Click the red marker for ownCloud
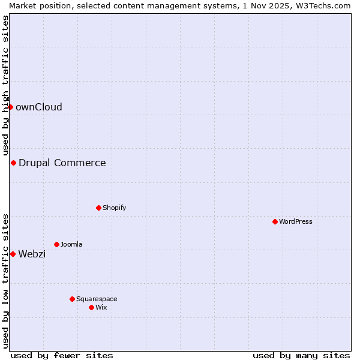pyautogui.click(x=10, y=107)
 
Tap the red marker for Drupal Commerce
pyautogui.click(x=13, y=163)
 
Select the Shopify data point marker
pyautogui.click(x=98, y=208)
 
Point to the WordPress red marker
pyautogui.click(x=275, y=221)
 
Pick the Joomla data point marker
pyautogui.click(x=56, y=244)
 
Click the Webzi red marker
pyautogui.click(x=13, y=254)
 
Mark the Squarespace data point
pyautogui.click(x=72, y=299)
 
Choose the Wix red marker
pyautogui.click(x=91, y=307)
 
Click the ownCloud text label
pyautogui.click(x=39, y=107)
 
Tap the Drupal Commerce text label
pyautogui.click(x=62, y=163)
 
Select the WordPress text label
pyautogui.click(x=296, y=221)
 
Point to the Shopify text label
pyautogui.click(x=115, y=208)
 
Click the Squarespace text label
pyautogui.click(x=97, y=299)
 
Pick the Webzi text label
pyautogui.click(x=32, y=254)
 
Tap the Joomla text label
pyautogui.click(x=72, y=244)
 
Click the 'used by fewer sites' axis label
pyautogui.click(x=62, y=355)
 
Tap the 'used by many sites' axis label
pyautogui.click(x=301, y=355)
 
